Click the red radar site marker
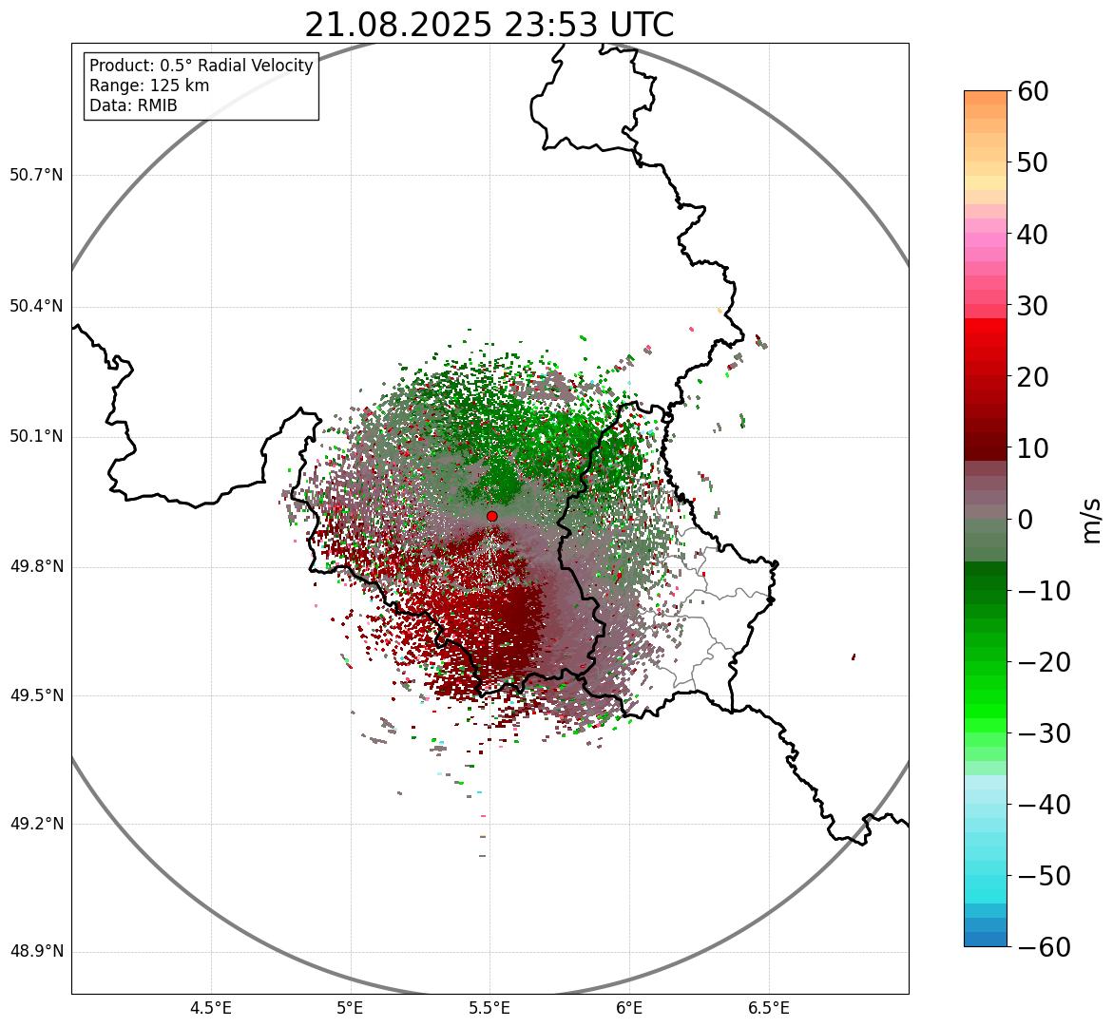pos(491,516)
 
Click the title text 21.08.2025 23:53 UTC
pos(489,25)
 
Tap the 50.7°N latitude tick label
pos(36,175)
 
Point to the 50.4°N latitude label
pos(36,306)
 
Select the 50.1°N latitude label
pos(36,437)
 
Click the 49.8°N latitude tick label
pos(36,567)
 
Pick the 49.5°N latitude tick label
pos(36,695)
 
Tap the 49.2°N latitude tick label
pos(36,824)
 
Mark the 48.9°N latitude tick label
pos(36,952)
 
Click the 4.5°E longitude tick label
pos(211,1008)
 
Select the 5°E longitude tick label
pos(351,1008)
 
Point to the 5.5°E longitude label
pos(489,1008)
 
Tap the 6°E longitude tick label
pos(629,1008)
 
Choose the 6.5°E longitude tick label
pos(768,1008)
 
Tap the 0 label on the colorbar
pos(1025,520)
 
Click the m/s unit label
pos(1092,520)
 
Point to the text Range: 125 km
pos(149,86)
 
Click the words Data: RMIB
pos(133,105)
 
